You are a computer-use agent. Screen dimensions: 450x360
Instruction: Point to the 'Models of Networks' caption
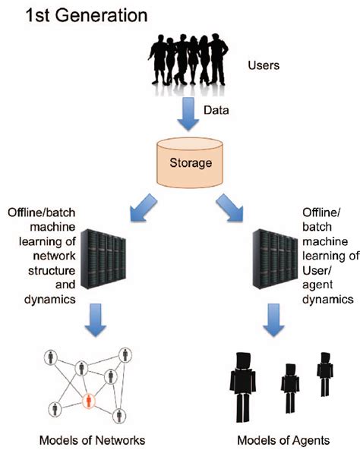point(94,439)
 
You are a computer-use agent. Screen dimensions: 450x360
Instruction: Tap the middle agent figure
point(289,388)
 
